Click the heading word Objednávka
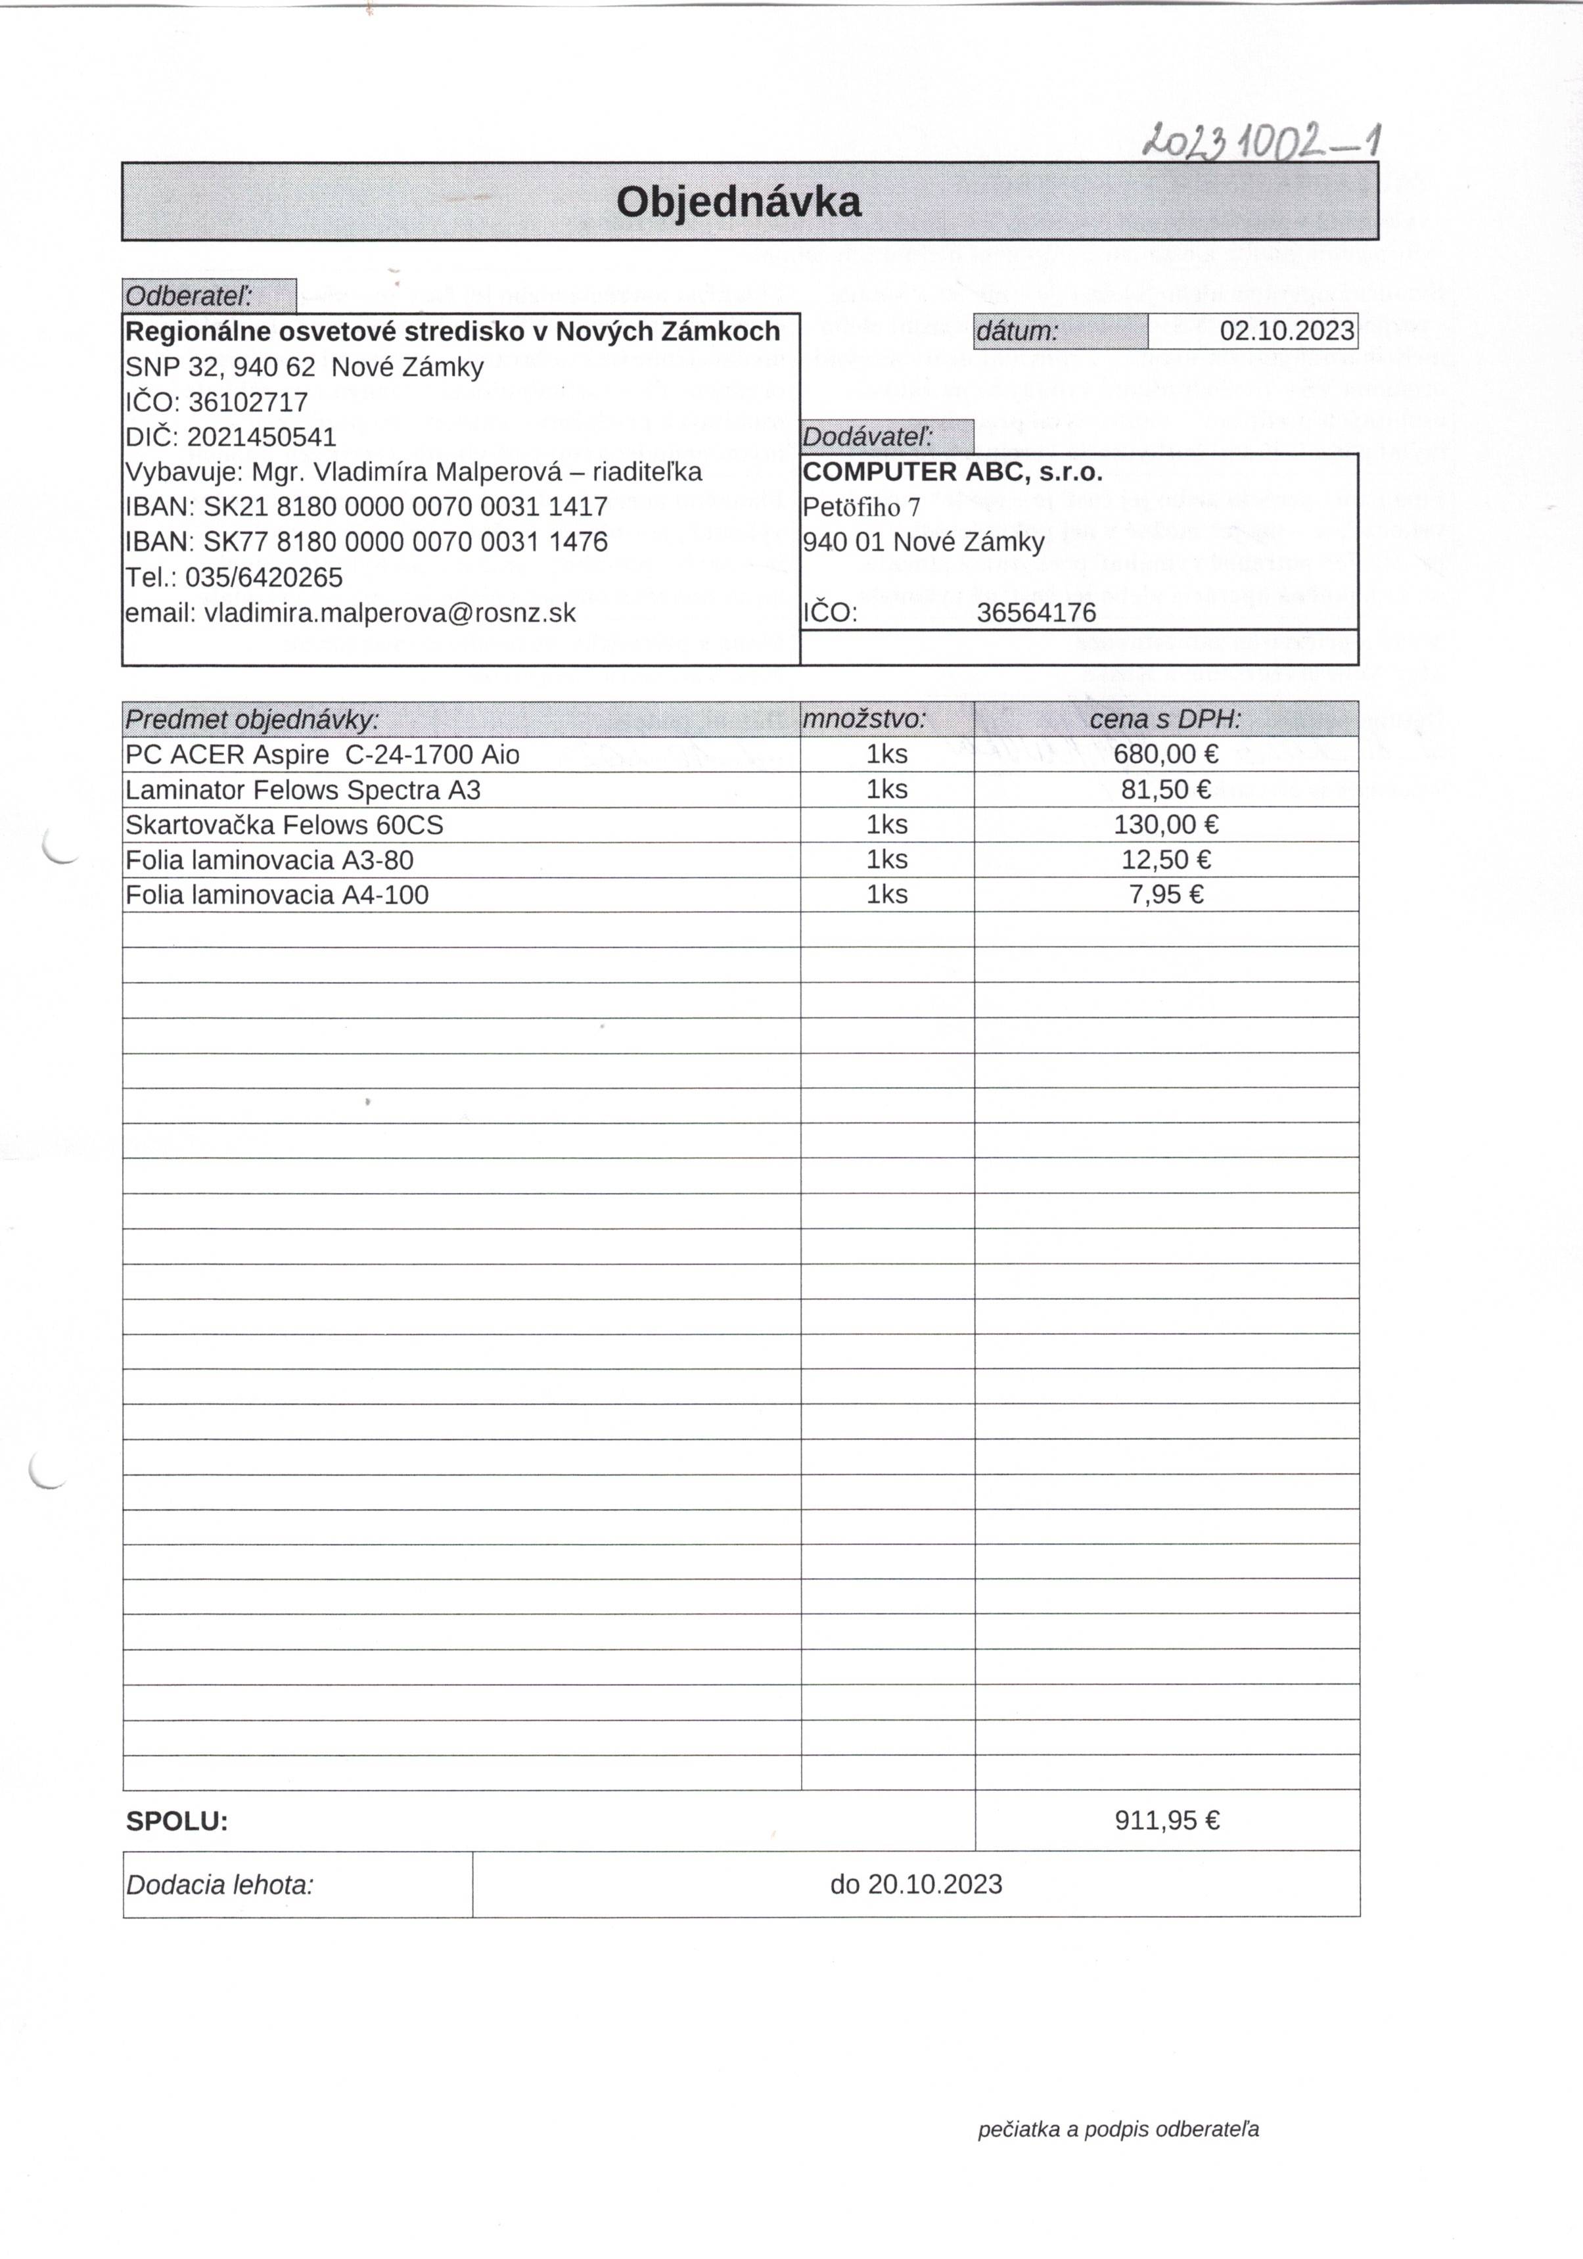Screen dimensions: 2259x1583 pyautogui.click(x=738, y=202)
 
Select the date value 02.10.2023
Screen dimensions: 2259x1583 pyautogui.click(x=1286, y=331)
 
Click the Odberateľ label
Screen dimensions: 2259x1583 pyautogui.click(x=189, y=296)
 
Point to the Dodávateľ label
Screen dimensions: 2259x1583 pyautogui.click(x=868, y=437)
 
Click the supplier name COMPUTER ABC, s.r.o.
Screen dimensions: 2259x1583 pyautogui.click(x=952, y=473)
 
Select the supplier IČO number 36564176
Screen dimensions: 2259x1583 pyautogui.click(x=1036, y=613)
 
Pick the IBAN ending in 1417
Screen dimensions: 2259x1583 pyautogui.click(x=405, y=507)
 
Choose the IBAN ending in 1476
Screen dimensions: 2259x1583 pyautogui.click(x=405, y=542)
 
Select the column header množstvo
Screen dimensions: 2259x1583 pyautogui.click(x=865, y=719)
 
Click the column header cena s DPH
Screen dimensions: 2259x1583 pyautogui.click(x=1165, y=719)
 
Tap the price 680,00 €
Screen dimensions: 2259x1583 pyautogui.click(x=1166, y=755)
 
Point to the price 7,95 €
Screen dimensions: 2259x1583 pyautogui.click(x=1166, y=895)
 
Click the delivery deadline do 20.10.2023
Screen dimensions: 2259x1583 pyautogui.click(x=916, y=1884)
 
